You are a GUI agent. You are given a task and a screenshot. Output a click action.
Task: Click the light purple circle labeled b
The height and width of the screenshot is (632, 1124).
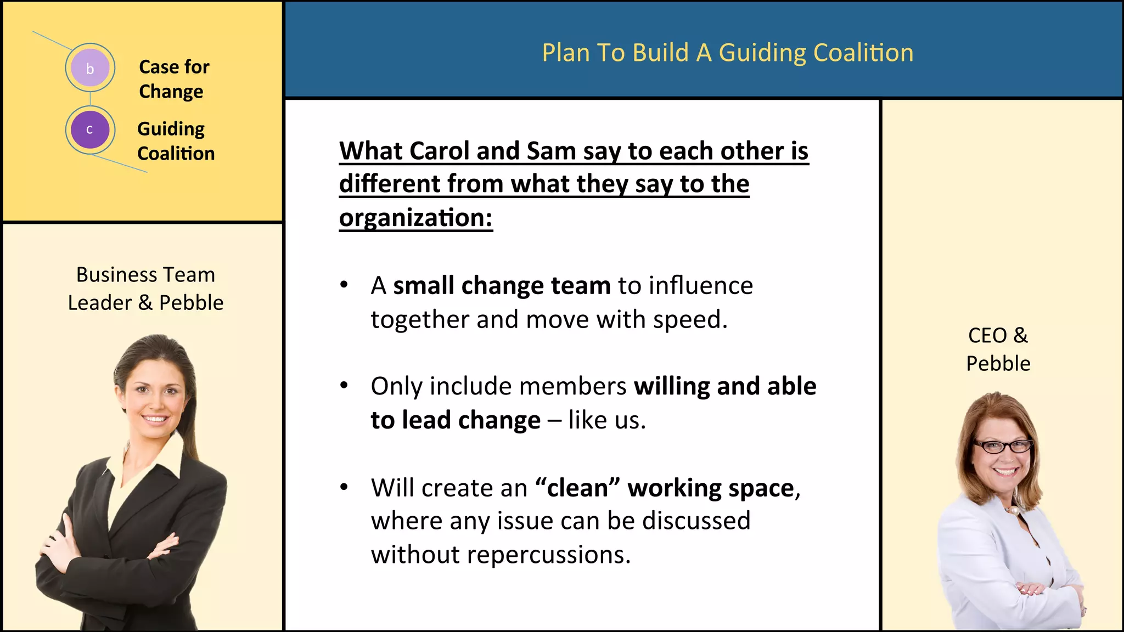point(90,68)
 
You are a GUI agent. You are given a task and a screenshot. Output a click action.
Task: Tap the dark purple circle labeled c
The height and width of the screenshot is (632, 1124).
point(90,130)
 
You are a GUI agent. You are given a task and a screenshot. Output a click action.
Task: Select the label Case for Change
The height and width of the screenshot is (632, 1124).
point(174,79)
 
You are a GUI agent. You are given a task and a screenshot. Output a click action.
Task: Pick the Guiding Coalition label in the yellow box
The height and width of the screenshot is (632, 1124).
point(176,141)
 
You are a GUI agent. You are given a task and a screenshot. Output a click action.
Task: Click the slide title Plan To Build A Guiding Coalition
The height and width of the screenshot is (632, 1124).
point(727,53)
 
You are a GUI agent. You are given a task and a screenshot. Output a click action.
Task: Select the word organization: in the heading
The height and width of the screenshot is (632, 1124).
point(415,218)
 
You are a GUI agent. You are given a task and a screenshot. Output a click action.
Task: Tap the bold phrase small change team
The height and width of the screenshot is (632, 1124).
point(502,286)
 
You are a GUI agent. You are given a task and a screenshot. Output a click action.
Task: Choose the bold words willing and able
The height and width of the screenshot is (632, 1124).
point(724,386)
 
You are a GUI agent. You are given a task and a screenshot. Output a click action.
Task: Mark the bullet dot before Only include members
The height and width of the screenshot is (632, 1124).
point(344,386)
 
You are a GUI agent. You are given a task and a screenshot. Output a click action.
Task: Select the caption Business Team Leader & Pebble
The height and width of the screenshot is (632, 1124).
point(145,289)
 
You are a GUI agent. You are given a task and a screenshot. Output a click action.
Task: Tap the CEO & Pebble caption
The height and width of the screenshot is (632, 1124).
point(998,349)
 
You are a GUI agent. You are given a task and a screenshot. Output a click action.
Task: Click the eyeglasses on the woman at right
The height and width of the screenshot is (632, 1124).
point(1002,447)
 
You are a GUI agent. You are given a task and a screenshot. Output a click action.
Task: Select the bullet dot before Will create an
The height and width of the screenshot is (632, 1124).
point(344,487)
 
